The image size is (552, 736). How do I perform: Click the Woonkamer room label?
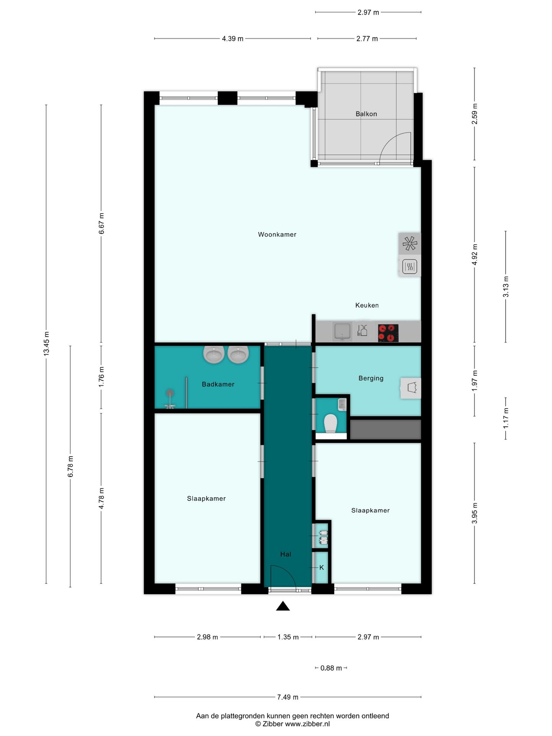tap(277, 235)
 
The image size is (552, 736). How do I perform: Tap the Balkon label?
tap(366, 114)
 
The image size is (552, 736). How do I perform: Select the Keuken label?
tap(367, 305)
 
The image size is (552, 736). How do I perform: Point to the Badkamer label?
tap(218, 384)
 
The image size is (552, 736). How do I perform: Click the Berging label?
tap(371, 378)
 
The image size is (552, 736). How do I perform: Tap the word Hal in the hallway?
tap(286, 554)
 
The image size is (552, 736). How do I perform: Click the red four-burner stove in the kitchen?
tap(388, 333)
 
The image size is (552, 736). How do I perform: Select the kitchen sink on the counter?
tap(342, 332)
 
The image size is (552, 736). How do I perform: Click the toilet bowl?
tap(330, 423)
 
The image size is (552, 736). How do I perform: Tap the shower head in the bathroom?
tap(170, 393)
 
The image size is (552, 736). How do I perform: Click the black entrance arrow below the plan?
tap(283, 606)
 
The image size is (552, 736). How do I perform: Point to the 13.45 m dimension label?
tap(46, 343)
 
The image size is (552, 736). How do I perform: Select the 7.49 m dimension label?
tap(287, 697)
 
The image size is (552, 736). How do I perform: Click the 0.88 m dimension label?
tap(331, 668)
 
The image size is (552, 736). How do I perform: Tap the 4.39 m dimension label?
tap(232, 38)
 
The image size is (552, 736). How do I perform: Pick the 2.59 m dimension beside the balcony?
tap(475, 114)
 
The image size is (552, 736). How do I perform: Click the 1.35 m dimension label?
tap(288, 637)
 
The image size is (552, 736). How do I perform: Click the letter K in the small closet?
tap(322, 567)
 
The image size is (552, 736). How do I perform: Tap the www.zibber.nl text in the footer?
tap(307, 724)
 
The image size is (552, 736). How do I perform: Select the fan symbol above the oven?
tap(409, 243)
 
